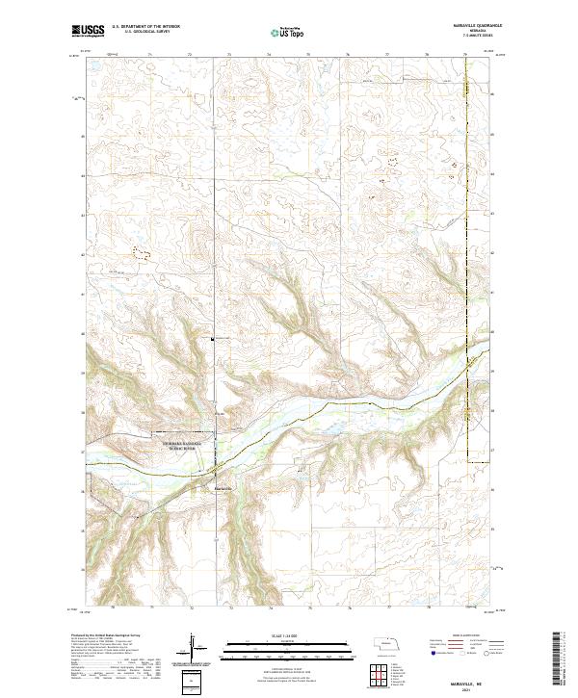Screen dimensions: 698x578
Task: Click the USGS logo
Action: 89,31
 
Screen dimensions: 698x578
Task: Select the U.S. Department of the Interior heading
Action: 145,27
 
